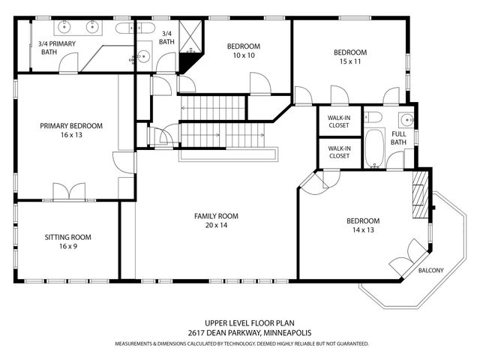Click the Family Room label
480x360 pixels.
pos(216,216)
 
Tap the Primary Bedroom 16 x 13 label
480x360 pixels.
pos(71,130)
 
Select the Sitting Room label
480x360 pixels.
pos(68,237)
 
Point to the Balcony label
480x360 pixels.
pos(430,270)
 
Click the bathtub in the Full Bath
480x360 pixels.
pos(374,148)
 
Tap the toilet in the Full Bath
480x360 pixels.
pos(373,117)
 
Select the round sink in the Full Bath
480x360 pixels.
pos(406,119)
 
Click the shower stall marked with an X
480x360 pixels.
pos(190,37)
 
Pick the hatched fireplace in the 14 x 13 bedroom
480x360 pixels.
pos(420,193)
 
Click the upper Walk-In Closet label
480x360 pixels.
pos(339,121)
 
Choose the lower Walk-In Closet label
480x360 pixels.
pos(339,152)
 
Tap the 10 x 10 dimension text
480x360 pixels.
pos(244,55)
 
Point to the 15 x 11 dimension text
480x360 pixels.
pos(350,61)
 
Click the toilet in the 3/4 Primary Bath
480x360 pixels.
pos(125,28)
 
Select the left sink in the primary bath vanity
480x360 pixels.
pos(64,27)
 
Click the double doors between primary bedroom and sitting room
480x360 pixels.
pos(69,191)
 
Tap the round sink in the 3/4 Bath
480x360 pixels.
pos(143,56)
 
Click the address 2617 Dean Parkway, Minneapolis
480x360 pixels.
pos(250,333)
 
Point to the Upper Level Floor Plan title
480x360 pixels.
pos(250,323)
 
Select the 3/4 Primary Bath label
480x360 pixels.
pos(57,48)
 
